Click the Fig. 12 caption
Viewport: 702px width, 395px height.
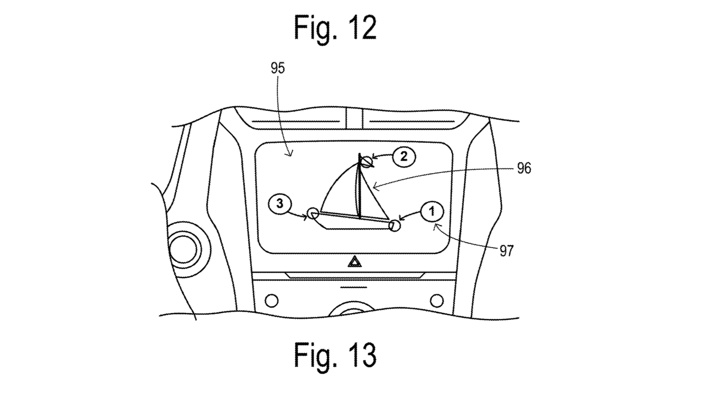(x=335, y=28)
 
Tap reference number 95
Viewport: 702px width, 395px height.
(x=277, y=68)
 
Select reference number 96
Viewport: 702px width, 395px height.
(x=524, y=169)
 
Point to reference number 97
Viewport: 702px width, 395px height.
(x=506, y=251)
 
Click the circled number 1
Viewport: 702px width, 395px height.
(x=432, y=212)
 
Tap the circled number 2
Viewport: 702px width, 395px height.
(x=404, y=157)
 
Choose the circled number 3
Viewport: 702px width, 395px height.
(x=280, y=204)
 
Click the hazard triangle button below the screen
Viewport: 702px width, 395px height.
(x=354, y=261)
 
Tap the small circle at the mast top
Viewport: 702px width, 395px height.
(x=367, y=161)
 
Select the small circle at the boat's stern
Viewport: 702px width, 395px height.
(x=313, y=213)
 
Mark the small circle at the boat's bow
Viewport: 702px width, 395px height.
(x=394, y=226)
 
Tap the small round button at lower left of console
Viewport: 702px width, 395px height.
(x=271, y=301)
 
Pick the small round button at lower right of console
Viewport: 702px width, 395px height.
(x=437, y=301)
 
